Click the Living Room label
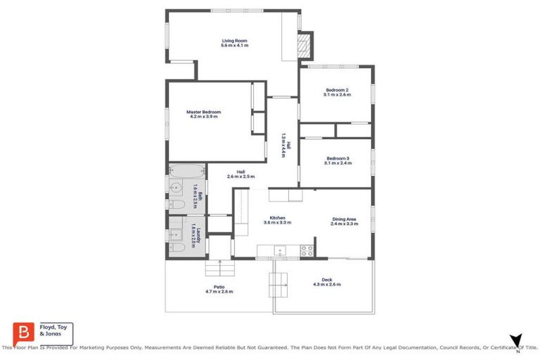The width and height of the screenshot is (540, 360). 234,41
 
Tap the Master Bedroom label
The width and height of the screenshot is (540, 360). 203,112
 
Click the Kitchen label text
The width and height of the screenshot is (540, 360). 277,218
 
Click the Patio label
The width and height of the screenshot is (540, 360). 218,287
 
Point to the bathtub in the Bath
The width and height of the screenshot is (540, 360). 186,170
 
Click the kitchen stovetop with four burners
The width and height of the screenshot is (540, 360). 307,249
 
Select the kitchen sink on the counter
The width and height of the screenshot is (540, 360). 279,249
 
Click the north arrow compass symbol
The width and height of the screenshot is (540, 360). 516,340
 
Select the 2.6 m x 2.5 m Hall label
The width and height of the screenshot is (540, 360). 240,174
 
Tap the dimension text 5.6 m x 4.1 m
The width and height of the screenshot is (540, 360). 234,46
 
